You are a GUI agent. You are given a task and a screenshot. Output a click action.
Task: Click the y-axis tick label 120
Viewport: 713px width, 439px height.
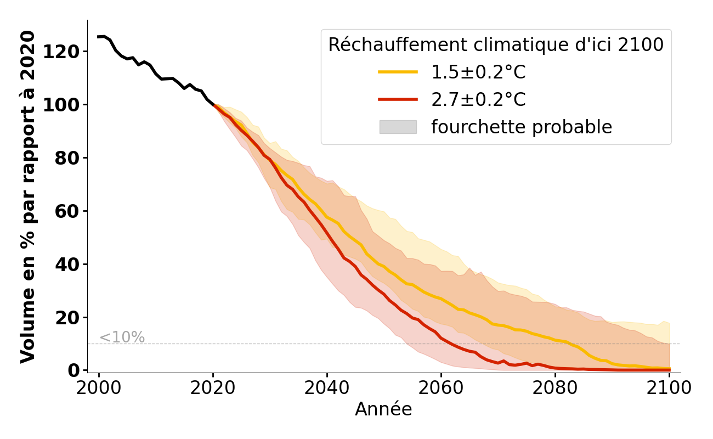(x=65, y=52)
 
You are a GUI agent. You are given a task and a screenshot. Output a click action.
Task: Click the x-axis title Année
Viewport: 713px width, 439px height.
(x=383, y=409)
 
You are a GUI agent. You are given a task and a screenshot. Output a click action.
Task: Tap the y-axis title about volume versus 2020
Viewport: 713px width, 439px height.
(x=28, y=196)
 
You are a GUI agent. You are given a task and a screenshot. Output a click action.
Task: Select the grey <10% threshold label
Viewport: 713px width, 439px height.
(x=122, y=337)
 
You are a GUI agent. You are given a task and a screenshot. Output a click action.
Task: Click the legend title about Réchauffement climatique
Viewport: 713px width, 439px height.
(x=496, y=45)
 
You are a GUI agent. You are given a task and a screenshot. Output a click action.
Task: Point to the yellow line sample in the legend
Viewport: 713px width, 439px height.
(x=398, y=72)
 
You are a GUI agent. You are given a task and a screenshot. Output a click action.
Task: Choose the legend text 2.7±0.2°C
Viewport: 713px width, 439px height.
(x=478, y=100)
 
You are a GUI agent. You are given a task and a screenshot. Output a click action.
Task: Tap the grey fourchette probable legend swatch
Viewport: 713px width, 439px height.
(x=398, y=127)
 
